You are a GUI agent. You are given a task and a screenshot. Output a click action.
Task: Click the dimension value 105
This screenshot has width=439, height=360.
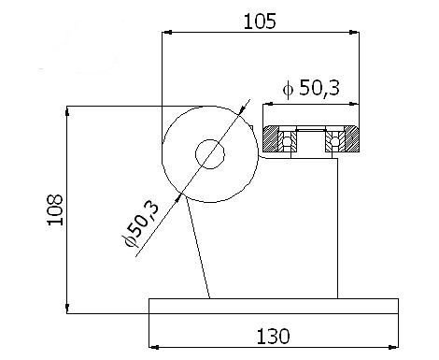coord(260,22)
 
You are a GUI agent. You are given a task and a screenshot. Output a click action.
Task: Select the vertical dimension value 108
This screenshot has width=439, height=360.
coord(55,209)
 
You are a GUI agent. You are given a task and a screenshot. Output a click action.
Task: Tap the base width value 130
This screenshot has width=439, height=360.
coord(273,337)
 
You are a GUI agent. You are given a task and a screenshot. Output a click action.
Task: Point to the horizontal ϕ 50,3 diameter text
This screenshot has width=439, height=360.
coord(311,88)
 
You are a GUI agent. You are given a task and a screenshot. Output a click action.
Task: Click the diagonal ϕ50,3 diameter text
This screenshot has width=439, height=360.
coord(142,223)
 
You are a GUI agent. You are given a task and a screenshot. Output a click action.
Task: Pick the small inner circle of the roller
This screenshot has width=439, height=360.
coord(210,154)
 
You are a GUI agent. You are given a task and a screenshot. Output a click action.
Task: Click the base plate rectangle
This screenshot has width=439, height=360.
coord(274,306)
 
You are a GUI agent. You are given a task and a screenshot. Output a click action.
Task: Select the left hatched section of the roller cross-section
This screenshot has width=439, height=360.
coord(271,138)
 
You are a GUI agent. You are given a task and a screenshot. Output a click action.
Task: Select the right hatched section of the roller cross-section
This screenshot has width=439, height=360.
coord(352,138)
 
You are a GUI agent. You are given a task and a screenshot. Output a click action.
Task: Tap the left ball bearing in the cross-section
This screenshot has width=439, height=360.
coord(287,141)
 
